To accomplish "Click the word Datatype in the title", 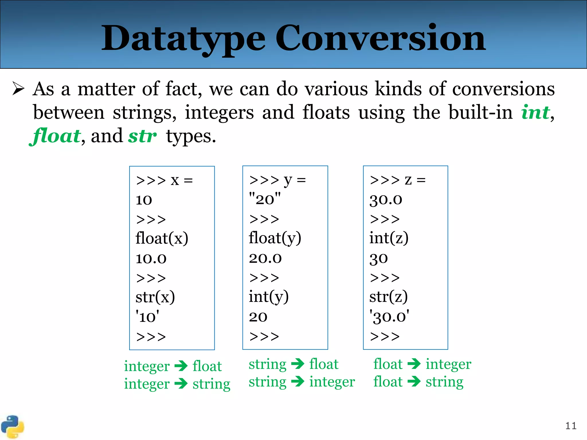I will click(x=183, y=39).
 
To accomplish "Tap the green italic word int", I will click(x=535, y=112).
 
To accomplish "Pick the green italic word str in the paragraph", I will click(x=142, y=136).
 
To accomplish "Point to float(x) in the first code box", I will click(x=162, y=238).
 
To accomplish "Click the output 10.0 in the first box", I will click(x=151, y=258).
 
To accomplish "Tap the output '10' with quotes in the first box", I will click(x=147, y=317).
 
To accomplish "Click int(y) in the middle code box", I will click(x=269, y=297).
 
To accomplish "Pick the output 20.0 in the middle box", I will click(x=265, y=258).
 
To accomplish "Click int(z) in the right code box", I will click(x=389, y=238).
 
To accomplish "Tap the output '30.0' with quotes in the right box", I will click(x=389, y=317).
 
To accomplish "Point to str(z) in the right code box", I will click(x=388, y=297).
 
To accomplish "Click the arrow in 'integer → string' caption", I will click(x=181, y=383).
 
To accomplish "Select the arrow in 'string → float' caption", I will click(x=298, y=364).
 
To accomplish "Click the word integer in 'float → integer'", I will click(x=448, y=364).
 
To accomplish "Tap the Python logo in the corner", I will click(x=12, y=427).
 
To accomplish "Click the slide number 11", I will click(x=571, y=426).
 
